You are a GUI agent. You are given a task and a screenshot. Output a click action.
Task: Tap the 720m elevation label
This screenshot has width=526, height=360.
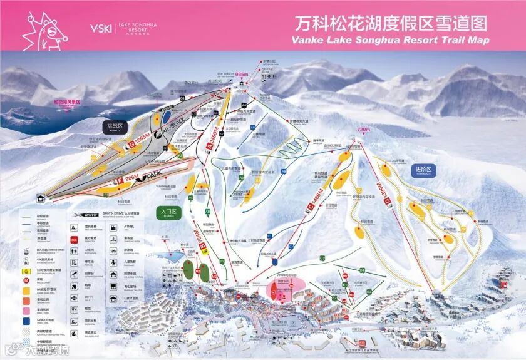[x=364, y=130]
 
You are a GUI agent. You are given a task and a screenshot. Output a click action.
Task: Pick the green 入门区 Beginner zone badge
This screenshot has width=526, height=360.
[x=168, y=213]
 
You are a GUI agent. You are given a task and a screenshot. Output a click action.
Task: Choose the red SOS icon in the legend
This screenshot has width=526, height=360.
[x=74, y=240]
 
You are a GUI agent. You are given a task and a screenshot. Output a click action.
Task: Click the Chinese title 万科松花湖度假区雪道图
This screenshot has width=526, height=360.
[x=390, y=24]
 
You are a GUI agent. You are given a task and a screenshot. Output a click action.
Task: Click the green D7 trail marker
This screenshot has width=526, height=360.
[x=362, y=270]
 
